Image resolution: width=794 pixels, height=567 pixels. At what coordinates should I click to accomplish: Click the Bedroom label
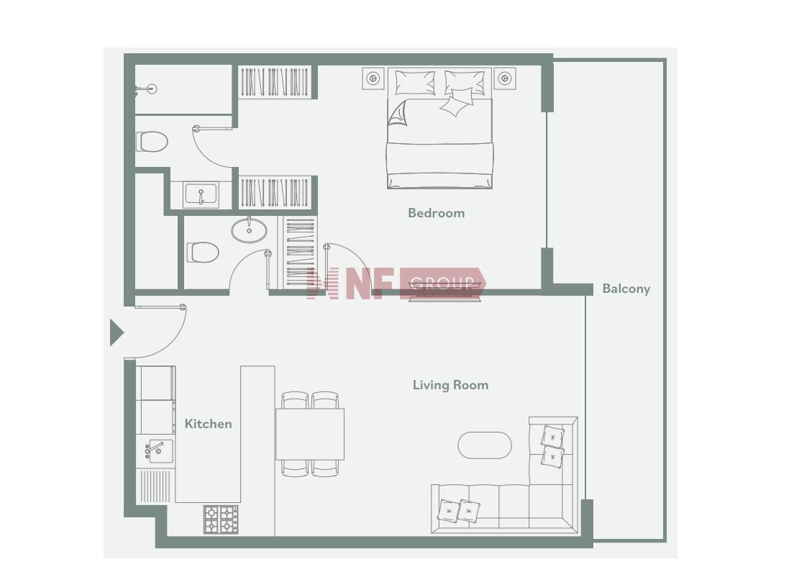click(x=436, y=213)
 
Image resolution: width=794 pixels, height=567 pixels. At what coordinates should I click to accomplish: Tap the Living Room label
click(x=450, y=385)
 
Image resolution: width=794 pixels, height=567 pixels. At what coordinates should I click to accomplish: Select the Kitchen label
click(x=208, y=424)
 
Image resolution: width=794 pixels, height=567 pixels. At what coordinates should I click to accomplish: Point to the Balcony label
click(x=626, y=289)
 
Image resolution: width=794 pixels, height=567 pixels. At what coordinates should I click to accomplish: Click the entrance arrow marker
click(x=117, y=332)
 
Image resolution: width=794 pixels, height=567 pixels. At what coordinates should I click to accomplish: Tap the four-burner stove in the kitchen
click(x=221, y=520)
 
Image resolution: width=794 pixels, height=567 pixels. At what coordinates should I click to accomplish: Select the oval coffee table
click(x=485, y=445)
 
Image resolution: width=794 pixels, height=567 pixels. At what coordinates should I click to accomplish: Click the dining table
click(x=310, y=434)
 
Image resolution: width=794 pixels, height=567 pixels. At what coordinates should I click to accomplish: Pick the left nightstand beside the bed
click(x=373, y=78)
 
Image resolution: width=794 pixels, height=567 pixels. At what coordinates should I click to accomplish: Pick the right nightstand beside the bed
click(x=504, y=78)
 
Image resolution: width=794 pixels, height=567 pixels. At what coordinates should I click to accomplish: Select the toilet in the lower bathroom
click(x=203, y=253)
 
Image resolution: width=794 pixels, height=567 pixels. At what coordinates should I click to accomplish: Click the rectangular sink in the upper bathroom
click(x=201, y=194)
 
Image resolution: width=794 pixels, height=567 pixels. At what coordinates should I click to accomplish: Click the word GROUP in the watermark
click(x=442, y=283)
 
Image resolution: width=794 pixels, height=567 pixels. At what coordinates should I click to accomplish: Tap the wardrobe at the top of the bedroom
click(x=275, y=81)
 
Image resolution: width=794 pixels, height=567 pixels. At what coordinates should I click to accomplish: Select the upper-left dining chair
click(x=295, y=400)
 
